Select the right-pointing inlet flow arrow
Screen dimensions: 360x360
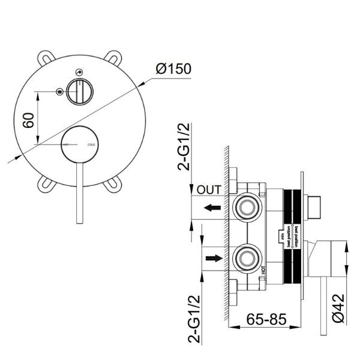211,259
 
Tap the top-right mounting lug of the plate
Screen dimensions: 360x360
113,59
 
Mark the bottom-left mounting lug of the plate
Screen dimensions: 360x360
44,186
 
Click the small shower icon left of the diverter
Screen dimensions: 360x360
59,92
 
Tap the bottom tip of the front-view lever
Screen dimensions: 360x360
79,223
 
